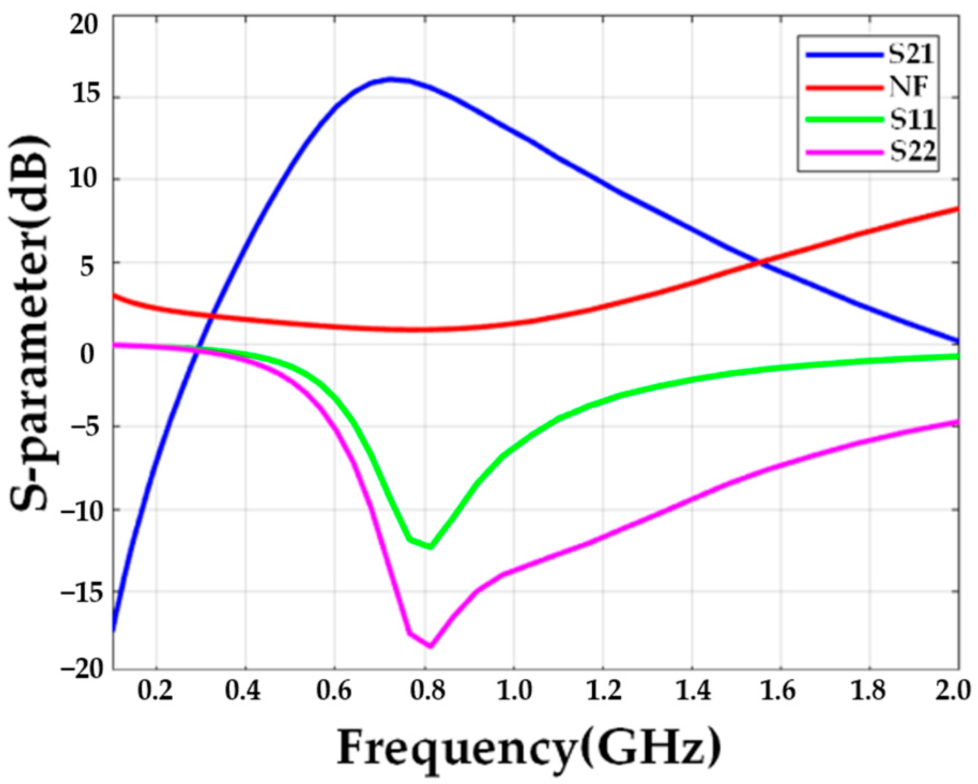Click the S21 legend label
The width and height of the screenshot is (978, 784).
click(913, 54)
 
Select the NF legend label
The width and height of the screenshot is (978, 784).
click(908, 87)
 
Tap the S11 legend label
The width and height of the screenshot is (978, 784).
click(913, 119)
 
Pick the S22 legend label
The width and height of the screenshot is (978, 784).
click(913, 152)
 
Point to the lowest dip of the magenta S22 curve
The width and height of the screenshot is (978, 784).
click(430, 646)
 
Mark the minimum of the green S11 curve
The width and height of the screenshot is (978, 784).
click(430, 547)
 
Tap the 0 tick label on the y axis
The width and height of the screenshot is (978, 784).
click(87, 353)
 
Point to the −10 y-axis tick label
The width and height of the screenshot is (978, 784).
click(80, 509)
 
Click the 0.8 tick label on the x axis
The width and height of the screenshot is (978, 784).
click(424, 691)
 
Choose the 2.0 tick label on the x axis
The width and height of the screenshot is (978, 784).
click(954, 691)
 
